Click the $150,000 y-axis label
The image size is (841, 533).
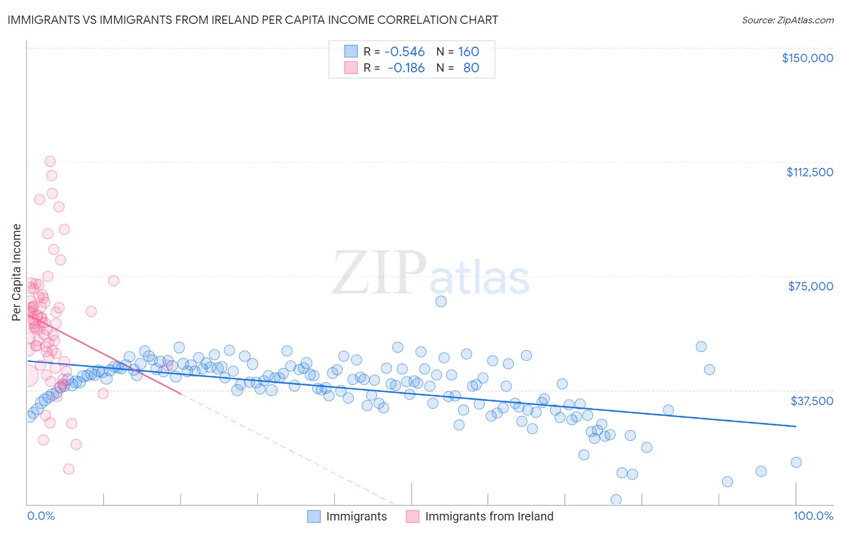807,58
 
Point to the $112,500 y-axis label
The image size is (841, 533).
809,172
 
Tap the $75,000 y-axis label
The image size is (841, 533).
810,286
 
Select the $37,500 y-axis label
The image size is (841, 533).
812,400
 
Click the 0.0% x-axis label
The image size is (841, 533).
41,516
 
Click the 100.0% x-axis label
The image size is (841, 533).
813,516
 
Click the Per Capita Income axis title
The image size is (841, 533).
17,272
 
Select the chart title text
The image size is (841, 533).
252,20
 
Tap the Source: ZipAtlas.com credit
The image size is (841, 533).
787,20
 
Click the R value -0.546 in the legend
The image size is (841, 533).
404,51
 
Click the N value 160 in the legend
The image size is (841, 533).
468,51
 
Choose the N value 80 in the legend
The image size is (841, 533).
471,68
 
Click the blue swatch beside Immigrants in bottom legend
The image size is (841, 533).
314,516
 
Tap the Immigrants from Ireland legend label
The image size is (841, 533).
489,516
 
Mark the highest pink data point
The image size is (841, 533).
50,161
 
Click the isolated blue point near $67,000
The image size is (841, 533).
441,301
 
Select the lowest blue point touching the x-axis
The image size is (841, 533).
616,500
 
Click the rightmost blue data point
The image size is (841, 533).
796,462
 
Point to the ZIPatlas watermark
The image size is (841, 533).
431,273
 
